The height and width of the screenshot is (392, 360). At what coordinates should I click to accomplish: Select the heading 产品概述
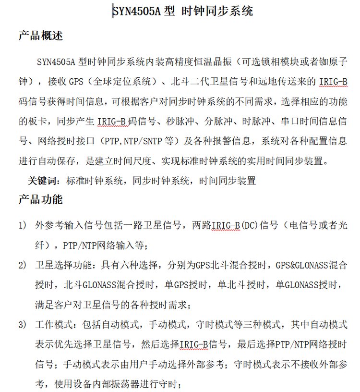pos(40,37)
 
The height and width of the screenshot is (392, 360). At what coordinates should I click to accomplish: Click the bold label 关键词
pos(45,181)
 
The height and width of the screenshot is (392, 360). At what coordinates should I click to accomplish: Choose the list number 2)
pos(23,265)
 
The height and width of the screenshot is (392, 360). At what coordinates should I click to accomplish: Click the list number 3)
pos(23,325)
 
